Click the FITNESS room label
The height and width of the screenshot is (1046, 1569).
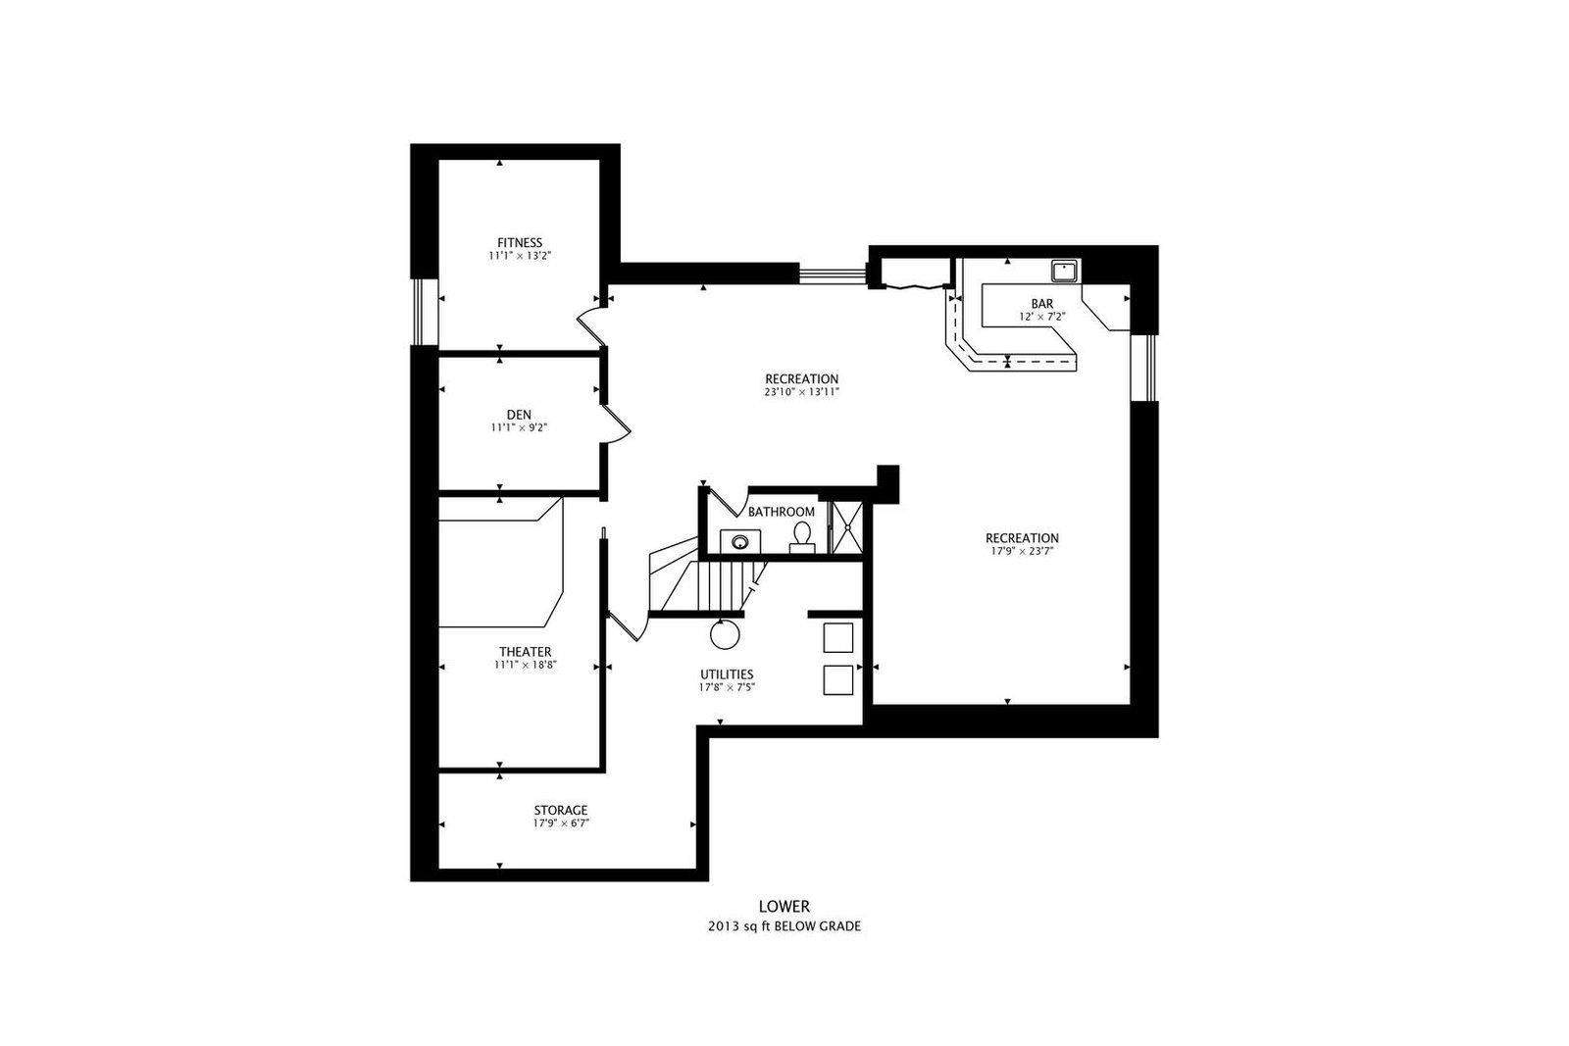[520, 243]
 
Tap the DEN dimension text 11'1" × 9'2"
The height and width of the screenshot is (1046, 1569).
[519, 427]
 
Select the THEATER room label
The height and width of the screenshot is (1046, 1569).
[526, 652]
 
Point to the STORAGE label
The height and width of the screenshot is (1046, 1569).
[560, 811]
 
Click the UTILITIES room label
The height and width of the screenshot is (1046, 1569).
[727, 674]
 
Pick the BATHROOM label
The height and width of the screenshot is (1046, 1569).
[781, 512]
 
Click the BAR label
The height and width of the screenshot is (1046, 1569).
[1042, 304]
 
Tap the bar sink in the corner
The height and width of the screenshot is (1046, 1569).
[1064, 271]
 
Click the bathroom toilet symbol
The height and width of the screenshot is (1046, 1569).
[802, 538]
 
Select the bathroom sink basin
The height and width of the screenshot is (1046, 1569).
[740, 541]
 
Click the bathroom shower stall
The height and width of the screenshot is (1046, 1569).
[847, 527]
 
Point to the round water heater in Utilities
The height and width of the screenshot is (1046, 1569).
[725, 633]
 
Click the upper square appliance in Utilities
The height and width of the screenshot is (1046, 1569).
[837, 638]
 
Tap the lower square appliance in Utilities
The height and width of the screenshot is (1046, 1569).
[837, 680]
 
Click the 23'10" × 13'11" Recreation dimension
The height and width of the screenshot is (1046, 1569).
[802, 393]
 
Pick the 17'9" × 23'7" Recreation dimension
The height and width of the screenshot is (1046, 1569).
[1022, 551]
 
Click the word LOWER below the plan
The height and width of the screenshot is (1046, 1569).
[784, 907]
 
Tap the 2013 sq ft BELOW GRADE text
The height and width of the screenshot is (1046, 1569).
[784, 927]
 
